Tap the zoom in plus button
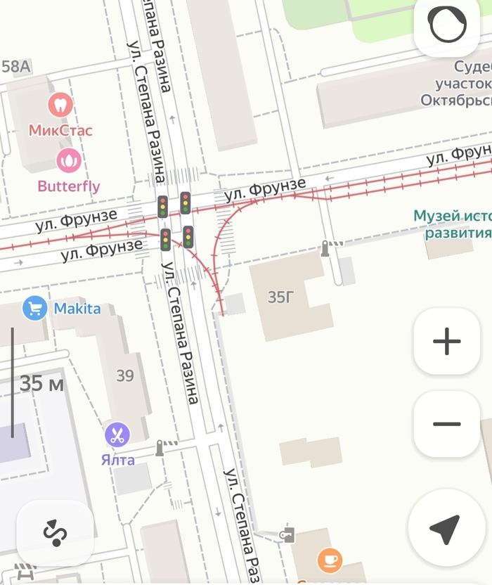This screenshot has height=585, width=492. [446, 342]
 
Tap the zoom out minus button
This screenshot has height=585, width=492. [446, 424]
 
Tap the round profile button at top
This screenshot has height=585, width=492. [448, 26]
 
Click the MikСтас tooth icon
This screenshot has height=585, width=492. [60, 105]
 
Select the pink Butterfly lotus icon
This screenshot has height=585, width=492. [68, 161]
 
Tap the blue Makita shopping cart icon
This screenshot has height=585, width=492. [34, 308]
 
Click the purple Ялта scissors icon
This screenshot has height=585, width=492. [117, 435]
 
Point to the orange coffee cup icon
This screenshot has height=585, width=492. [330, 560]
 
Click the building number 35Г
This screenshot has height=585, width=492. [281, 297]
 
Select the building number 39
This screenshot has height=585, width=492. [125, 375]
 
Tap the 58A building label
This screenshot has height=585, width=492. [16, 67]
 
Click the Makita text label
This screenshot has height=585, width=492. [77, 309]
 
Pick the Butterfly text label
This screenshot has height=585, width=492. [69, 186]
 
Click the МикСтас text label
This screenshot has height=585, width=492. [60, 130]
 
